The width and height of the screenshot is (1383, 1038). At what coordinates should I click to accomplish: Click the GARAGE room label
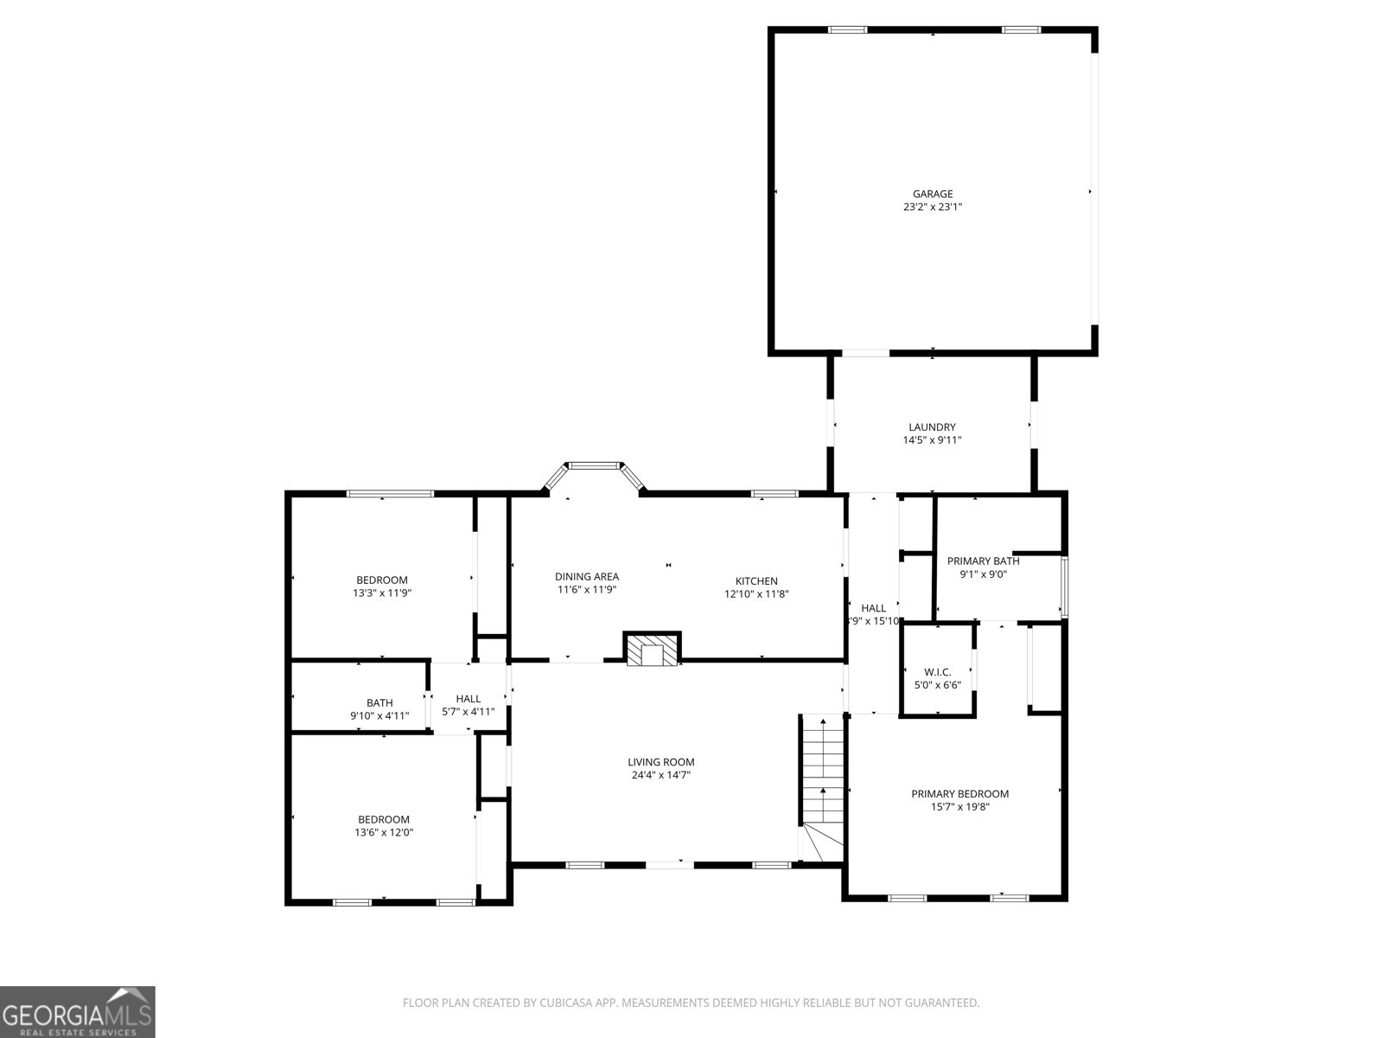pos(933,194)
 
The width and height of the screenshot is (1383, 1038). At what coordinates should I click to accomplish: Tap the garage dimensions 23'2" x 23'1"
pos(933,208)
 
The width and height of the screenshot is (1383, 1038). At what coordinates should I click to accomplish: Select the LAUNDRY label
pos(932,426)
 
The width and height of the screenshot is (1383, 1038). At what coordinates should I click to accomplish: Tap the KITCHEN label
pos(756,580)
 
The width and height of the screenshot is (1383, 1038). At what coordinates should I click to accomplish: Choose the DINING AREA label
pos(587,576)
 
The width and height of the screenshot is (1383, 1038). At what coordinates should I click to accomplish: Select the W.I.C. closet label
pos(938,671)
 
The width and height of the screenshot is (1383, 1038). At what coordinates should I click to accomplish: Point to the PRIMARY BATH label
pos(983,561)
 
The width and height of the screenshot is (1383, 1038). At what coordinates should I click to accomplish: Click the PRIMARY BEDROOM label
pos(959,793)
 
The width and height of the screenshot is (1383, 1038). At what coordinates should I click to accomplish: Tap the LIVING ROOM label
pos(661,762)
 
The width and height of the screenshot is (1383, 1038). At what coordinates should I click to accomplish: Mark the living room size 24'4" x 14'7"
pos(661,776)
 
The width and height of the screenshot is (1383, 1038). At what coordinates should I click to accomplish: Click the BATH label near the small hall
pos(379,702)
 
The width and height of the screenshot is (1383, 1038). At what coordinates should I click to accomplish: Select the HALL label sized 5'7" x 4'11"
pos(468,698)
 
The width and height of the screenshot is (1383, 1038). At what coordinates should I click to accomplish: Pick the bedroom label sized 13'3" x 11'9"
pos(382,580)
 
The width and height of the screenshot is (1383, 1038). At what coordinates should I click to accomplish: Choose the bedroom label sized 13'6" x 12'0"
pos(384,819)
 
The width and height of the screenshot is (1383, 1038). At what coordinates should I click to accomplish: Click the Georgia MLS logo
pos(77,1012)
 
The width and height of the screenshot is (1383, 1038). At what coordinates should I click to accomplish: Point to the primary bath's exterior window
pos(1065,586)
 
